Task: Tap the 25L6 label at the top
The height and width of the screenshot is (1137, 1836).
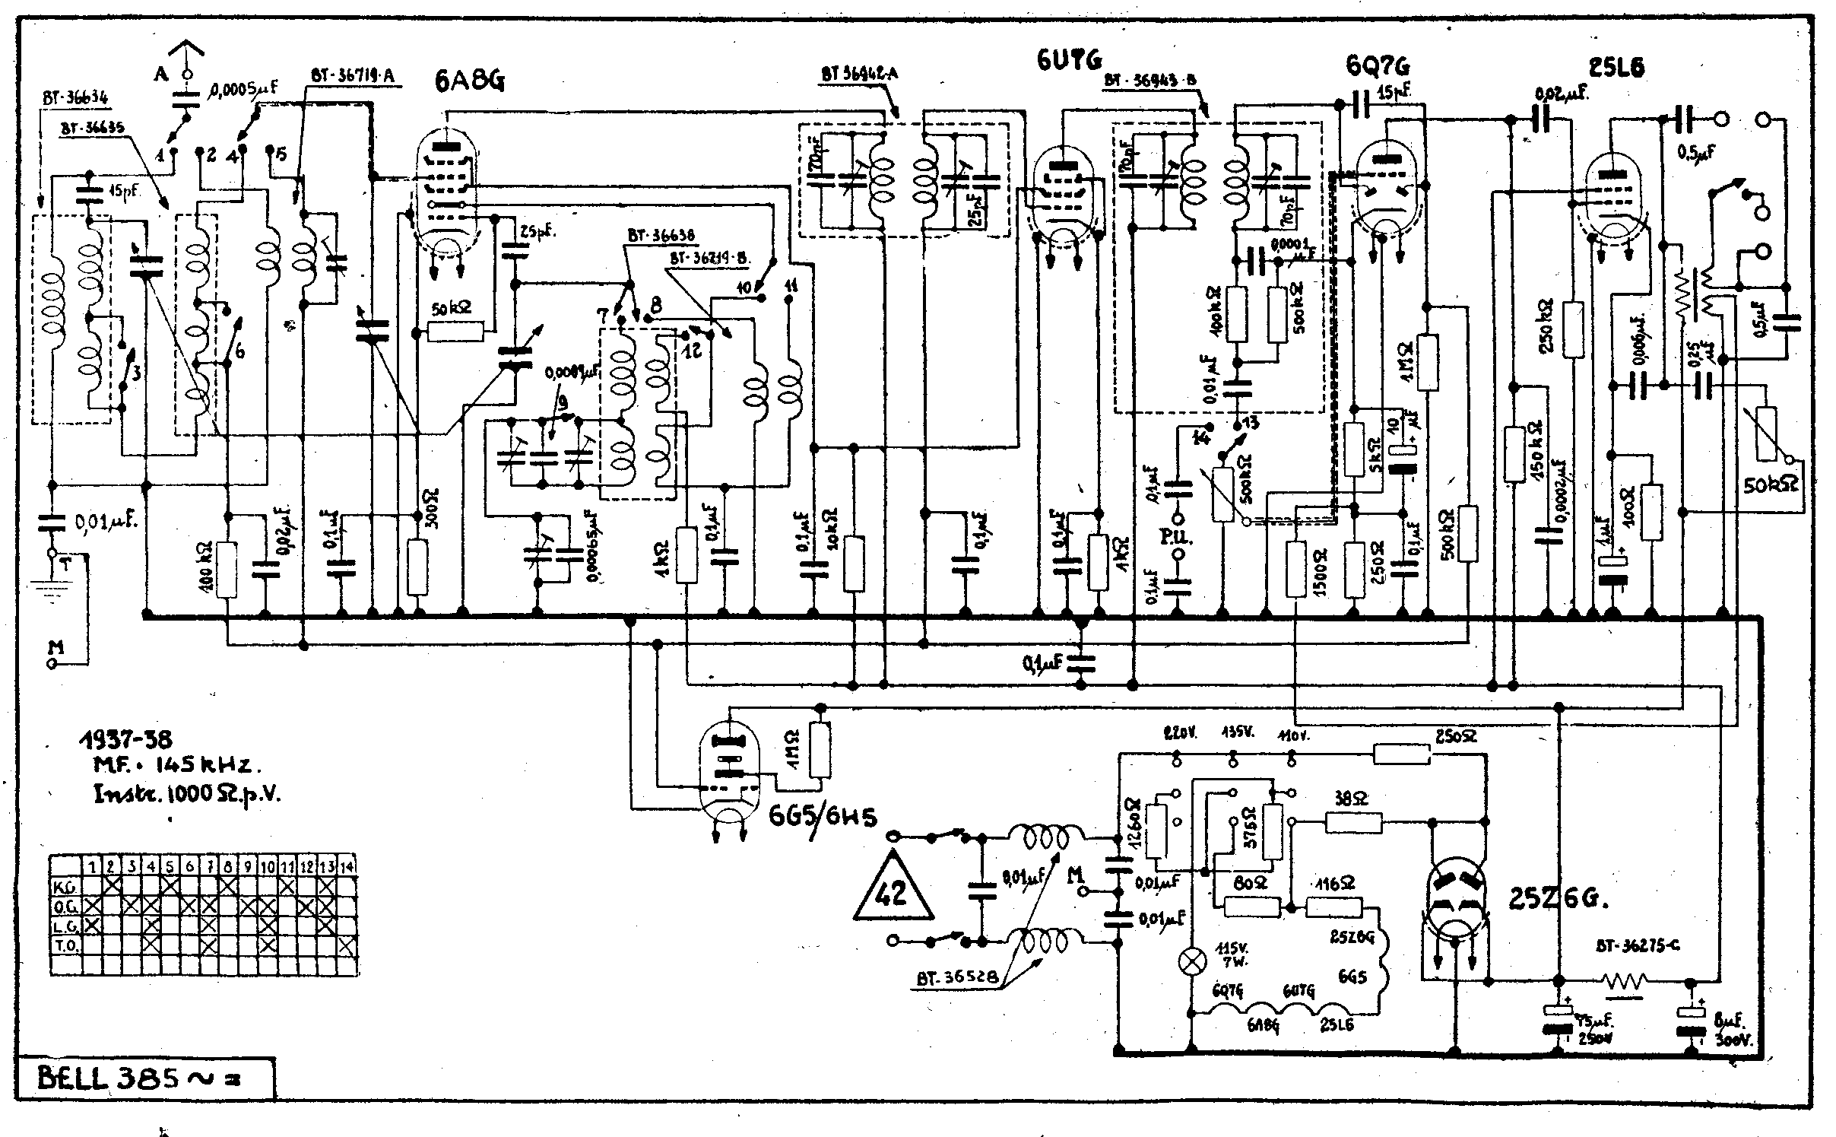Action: tap(1616, 68)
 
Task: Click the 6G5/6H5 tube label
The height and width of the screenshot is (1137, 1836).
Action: tap(823, 817)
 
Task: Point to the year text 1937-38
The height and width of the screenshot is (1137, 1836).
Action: tap(126, 738)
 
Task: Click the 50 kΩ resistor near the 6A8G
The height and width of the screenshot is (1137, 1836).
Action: tap(455, 332)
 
